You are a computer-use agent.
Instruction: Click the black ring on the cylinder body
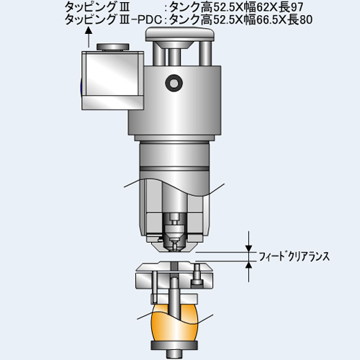pyautogui.click(x=174, y=84)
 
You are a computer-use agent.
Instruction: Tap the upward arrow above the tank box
pyautogui.click(x=89, y=37)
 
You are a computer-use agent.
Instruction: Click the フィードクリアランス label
pyautogui.click(x=294, y=257)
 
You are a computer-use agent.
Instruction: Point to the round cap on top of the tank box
pyautogui.click(x=113, y=47)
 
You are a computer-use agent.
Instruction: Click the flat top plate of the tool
pyautogui.click(x=180, y=34)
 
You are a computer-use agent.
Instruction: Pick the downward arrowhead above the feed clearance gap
pyautogui.click(x=249, y=248)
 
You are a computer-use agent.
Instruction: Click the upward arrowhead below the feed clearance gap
pyautogui.click(x=249, y=265)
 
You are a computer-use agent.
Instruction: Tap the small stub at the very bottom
pyautogui.click(x=174, y=354)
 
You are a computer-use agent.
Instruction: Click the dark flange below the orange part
pyautogui.click(x=174, y=345)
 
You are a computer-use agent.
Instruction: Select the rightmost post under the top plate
pyautogui.click(x=205, y=53)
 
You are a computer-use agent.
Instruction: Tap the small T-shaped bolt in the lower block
pyautogui.click(x=197, y=275)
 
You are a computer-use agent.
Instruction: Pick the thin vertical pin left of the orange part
pyautogui.click(x=155, y=287)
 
